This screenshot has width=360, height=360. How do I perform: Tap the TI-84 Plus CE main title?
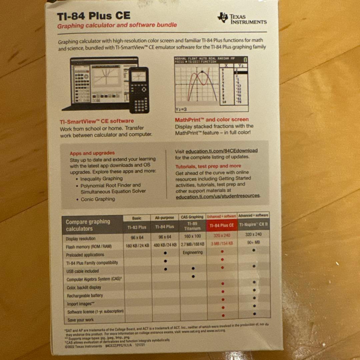click(94, 16)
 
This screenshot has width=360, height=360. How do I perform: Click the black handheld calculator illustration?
click(139, 90)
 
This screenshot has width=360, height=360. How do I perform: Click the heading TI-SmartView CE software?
click(97, 121)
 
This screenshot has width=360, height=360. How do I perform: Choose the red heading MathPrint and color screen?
click(212, 119)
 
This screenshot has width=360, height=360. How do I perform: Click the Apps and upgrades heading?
click(92, 153)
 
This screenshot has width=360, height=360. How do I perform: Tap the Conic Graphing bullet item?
click(98, 199)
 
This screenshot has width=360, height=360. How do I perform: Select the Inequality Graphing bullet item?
click(101, 179)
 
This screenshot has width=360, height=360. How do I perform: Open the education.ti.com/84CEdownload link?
click(221, 151)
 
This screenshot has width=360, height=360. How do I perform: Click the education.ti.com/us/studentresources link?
click(218, 196)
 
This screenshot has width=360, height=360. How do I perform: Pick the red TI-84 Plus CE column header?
click(222, 225)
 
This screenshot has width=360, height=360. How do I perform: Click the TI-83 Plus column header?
click(137, 227)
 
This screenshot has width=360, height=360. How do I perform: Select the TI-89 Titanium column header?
click(192, 226)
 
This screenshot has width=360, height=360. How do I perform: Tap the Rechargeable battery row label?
click(85, 296)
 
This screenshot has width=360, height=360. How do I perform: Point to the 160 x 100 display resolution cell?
click(192, 236)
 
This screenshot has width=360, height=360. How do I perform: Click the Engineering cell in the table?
click(192, 253)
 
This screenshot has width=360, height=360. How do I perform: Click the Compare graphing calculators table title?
click(88, 225)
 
